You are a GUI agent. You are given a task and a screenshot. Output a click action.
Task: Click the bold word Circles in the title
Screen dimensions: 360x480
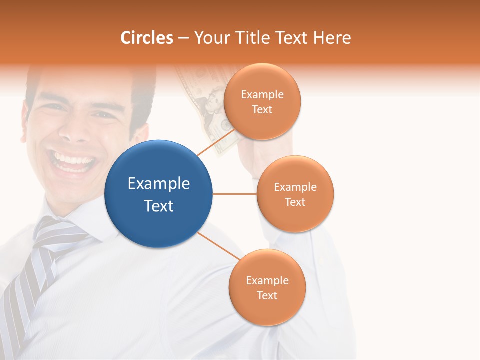[x=147, y=38]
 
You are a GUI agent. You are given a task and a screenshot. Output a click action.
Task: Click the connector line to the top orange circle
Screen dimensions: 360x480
[x=216, y=142]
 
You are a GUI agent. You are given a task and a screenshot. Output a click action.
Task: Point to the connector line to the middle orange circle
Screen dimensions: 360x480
[x=235, y=194]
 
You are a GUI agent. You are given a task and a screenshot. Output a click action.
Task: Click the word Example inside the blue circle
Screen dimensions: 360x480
[x=159, y=184]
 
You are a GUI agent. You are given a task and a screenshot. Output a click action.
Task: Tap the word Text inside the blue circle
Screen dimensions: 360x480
[x=159, y=206]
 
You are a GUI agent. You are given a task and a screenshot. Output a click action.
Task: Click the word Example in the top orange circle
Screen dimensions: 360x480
[x=262, y=95]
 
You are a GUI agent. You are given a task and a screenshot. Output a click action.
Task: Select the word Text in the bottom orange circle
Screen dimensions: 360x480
[x=267, y=295]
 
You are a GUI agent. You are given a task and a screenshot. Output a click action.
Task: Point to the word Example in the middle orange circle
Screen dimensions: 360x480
[x=295, y=187]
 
